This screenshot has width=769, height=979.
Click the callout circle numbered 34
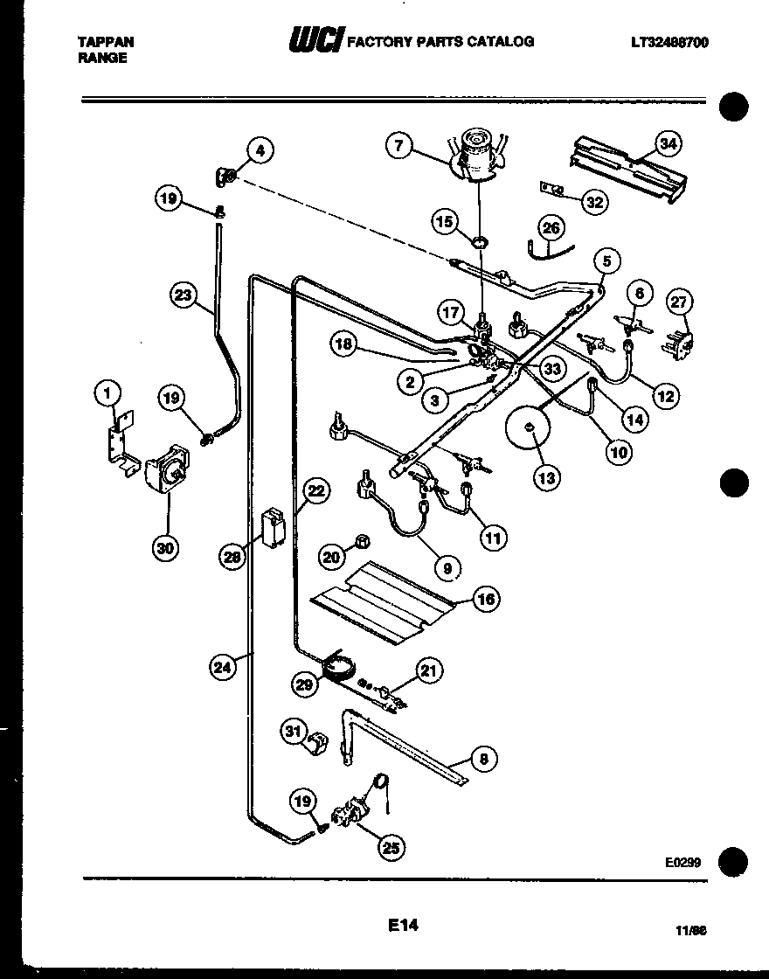coord(669,143)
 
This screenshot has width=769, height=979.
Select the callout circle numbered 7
coord(398,146)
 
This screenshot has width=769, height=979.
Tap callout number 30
coord(166,548)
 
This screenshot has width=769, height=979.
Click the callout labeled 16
coord(487,599)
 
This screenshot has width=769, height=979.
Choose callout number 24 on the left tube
coord(225,667)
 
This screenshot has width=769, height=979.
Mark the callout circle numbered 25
coord(392,845)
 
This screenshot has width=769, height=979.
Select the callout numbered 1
coord(108,394)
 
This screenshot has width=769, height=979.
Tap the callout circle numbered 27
coord(680,302)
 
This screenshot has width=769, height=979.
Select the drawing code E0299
coord(682,862)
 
